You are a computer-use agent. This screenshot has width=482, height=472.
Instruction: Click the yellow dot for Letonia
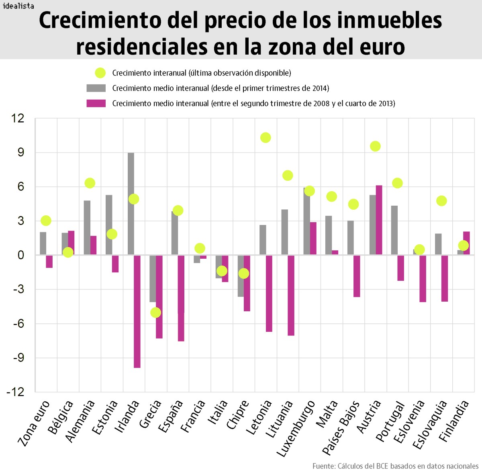[x=266, y=138]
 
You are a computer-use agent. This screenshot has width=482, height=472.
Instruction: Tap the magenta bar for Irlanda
[x=137, y=311]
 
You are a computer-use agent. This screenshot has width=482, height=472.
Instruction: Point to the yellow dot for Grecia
[x=155, y=313]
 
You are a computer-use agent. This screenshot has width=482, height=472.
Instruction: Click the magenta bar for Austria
[x=379, y=220]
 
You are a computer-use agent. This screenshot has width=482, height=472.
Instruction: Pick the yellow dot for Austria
[x=375, y=146]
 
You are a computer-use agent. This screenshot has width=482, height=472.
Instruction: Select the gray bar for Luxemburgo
[x=306, y=221]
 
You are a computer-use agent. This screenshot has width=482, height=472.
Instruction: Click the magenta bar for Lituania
[x=291, y=295]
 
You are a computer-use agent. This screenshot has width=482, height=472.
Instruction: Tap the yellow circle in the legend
[x=100, y=73]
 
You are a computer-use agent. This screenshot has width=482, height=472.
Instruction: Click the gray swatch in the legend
[x=96, y=88]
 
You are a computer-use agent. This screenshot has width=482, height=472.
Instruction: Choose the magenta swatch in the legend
[x=96, y=103]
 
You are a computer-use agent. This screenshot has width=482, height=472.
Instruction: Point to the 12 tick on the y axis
[x=18, y=119]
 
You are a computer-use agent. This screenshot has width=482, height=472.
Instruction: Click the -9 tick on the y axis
[x=18, y=358]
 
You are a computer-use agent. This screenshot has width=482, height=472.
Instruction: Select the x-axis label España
[x=171, y=417]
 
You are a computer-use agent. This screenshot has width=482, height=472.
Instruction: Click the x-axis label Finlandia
[x=454, y=421]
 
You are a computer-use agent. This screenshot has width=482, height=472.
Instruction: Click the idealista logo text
[x=18, y=6]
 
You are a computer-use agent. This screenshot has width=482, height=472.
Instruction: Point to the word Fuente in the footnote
[x=323, y=466]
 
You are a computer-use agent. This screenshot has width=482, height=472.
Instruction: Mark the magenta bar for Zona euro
[x=49, y=262]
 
